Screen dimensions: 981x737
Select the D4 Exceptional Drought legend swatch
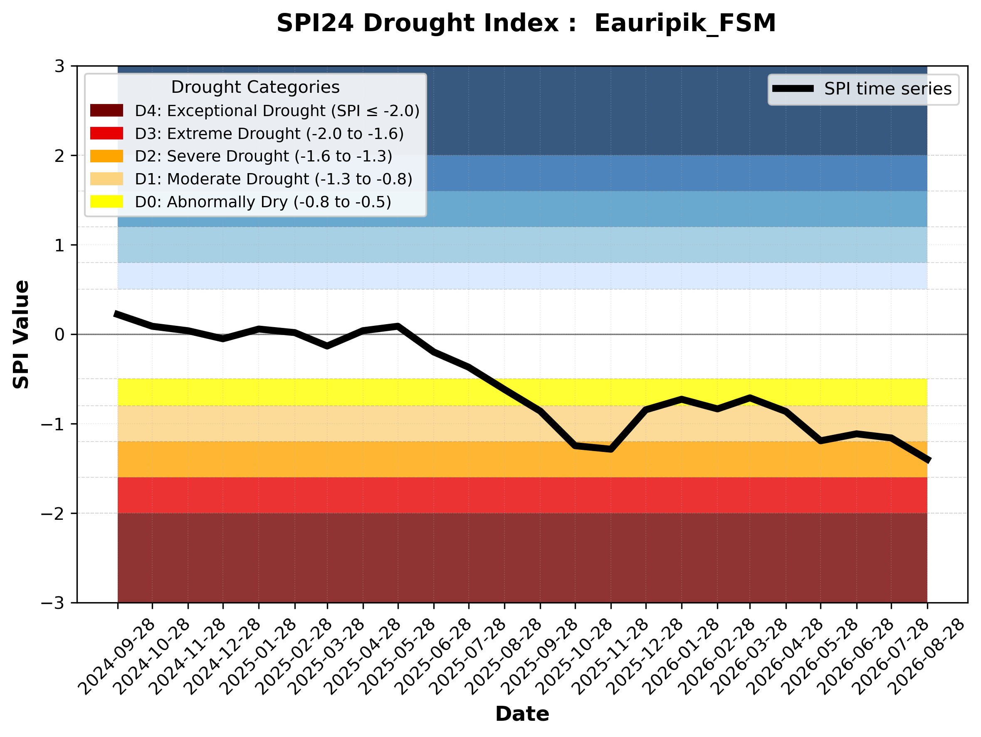coord(106,110)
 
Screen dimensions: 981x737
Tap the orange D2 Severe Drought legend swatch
coord(106,156)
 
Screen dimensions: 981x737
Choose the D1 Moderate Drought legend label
coord(274,179)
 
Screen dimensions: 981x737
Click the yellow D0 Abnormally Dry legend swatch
coord(106,201)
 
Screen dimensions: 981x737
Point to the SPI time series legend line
coord(793,88)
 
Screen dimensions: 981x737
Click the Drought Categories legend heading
coord(255,87)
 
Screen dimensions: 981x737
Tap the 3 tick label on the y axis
coord(59,66)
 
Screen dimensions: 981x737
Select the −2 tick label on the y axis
coord(53,514)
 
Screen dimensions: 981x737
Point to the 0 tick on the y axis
coord(59,334)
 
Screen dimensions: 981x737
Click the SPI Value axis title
coord(21,334)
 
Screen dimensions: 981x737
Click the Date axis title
coord(522,714)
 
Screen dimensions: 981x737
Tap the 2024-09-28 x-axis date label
coord(116,657)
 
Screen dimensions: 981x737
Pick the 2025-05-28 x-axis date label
coord(396,657)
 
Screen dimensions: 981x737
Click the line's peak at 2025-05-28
coord(398,326)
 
